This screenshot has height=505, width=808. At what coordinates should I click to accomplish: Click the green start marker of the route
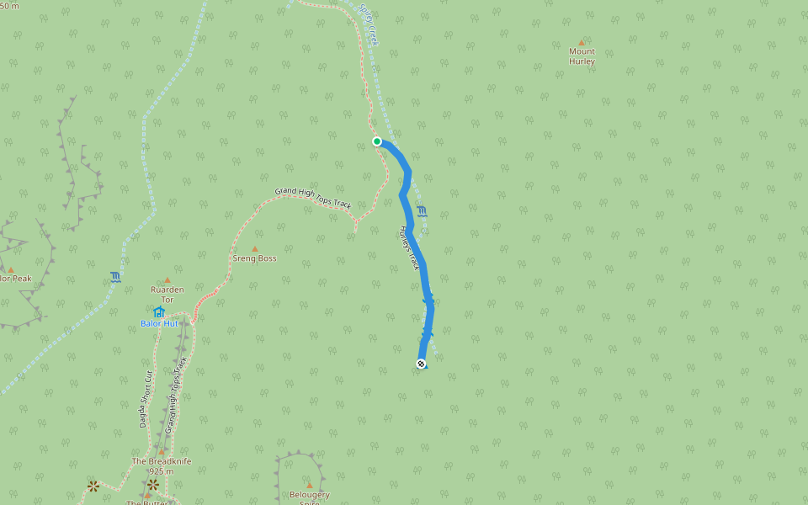[x=377, y=141]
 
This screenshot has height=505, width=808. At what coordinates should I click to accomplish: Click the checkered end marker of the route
[x=421, y=364]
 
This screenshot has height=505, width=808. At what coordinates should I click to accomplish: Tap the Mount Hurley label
[x=582, y=56]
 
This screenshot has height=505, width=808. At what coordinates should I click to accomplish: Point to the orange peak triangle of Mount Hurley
[x=581, y=42]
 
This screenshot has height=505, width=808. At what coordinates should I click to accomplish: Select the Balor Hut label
[x=159, y=323]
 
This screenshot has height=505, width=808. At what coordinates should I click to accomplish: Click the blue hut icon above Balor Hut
[x=158, y=311]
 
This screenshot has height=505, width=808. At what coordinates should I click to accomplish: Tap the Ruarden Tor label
[x=167, y=294]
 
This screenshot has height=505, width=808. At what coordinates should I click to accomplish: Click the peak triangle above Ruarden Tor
[x=167, y=280]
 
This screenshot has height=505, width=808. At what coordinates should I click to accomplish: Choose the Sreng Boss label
[x=254, y=258]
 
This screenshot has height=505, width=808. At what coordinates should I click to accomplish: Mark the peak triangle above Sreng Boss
[x=254, y=249]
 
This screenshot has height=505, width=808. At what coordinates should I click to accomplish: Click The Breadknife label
[x=162, y=461]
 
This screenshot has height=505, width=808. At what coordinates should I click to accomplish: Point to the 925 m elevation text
[x=162, y=471]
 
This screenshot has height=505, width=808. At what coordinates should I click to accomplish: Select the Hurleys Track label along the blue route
[x=408, y=247]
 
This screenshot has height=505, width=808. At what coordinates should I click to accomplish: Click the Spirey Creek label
[x=369, y=25]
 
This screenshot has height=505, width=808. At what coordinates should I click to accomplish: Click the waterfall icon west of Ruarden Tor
[x=114, y=277]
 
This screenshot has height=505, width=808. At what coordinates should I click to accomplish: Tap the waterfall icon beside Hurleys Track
[x=421, y=210]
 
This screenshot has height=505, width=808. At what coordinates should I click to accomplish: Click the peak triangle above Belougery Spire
[x=309, y=486]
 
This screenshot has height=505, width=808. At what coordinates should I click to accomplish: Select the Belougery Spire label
[x=309, y=497]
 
